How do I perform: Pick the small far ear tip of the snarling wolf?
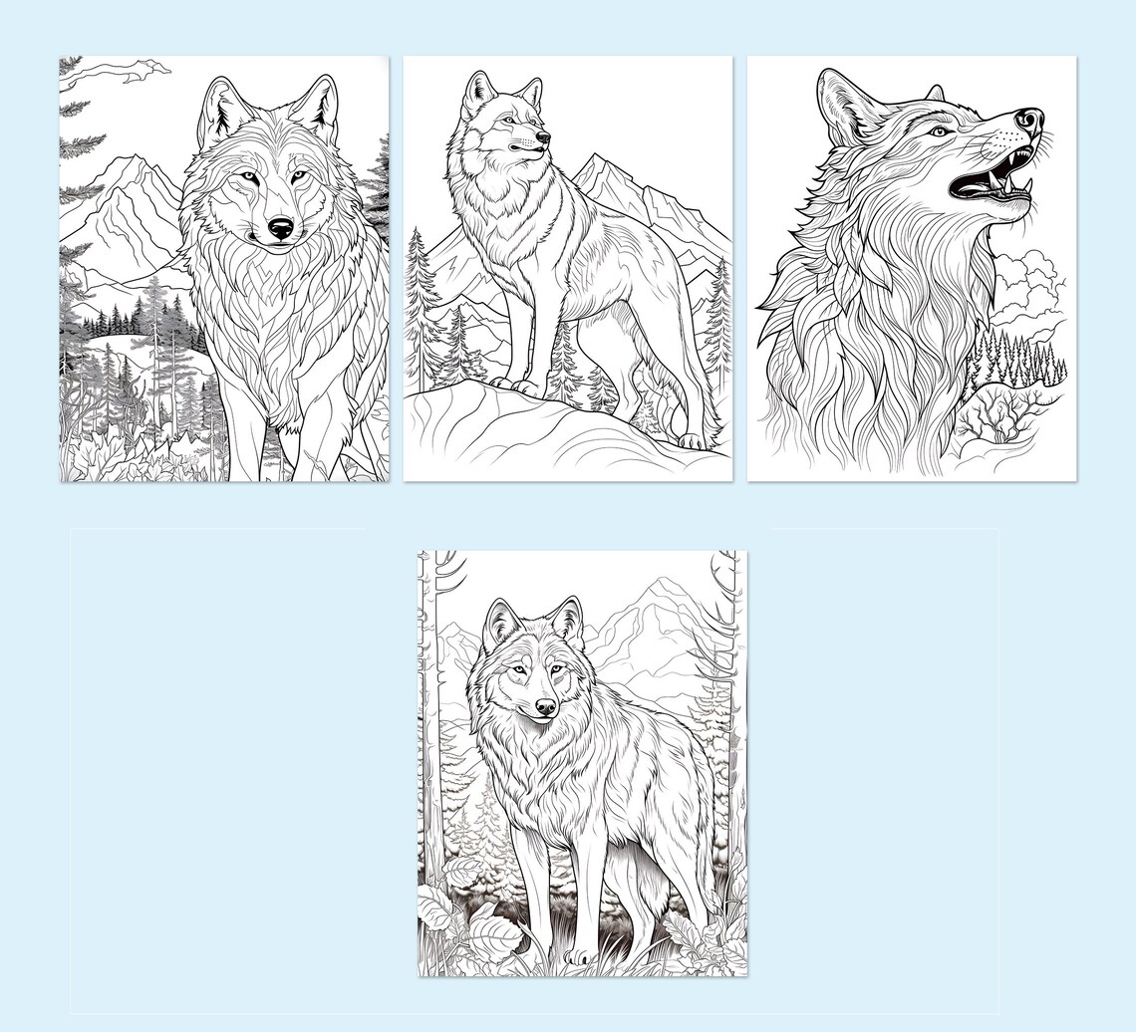pos(936,93)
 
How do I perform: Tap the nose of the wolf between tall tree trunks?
pos(545,707)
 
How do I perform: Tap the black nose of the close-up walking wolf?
pos(281,229)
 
